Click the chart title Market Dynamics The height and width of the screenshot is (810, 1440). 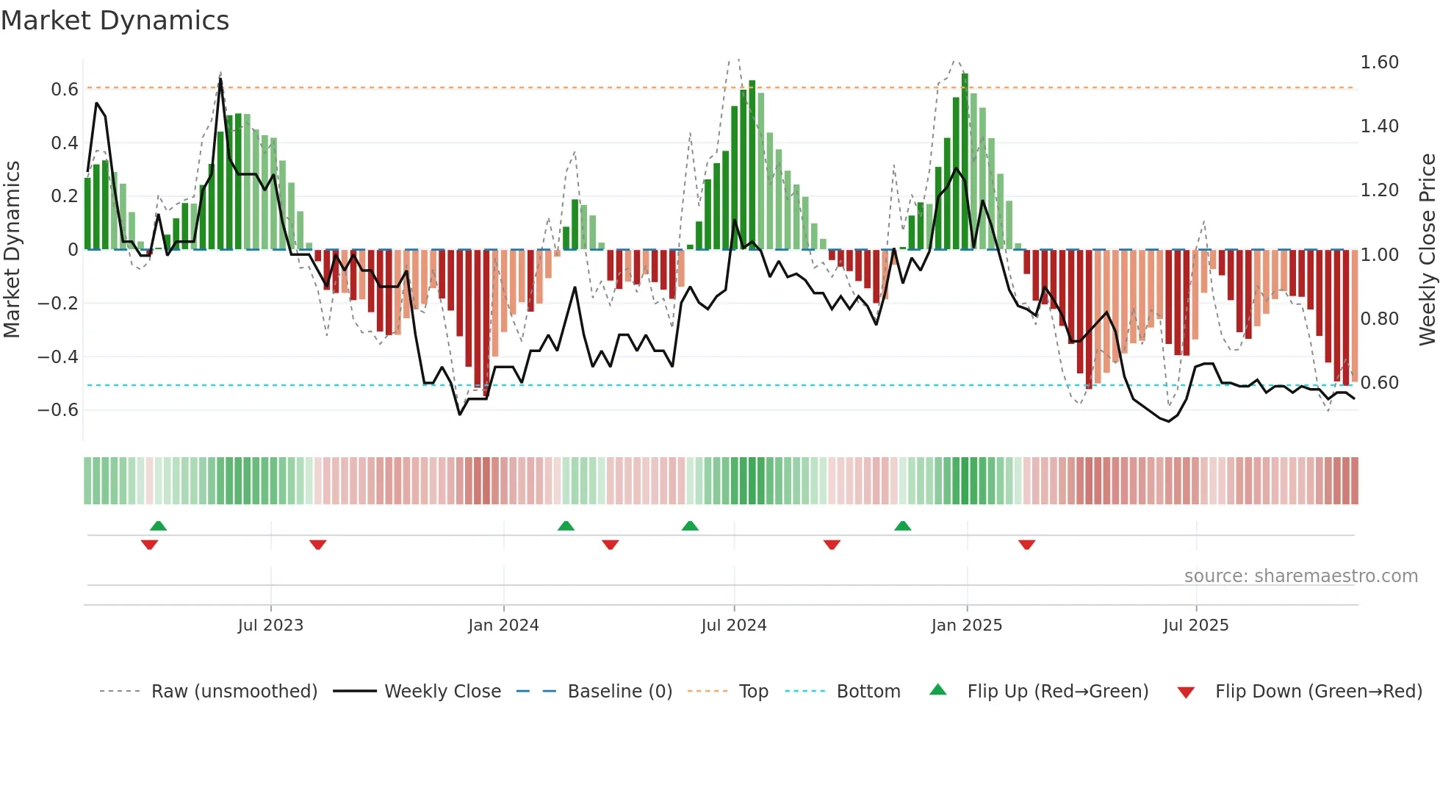115,21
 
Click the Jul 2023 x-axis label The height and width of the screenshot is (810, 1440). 270,626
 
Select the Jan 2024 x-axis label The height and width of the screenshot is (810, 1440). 503,626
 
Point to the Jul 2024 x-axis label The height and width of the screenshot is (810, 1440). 733,626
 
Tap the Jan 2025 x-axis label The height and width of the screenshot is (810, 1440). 966,626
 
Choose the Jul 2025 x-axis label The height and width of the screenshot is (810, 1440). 1195,626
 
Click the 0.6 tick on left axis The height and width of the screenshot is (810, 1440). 64,90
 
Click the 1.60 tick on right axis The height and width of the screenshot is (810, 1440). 1379,62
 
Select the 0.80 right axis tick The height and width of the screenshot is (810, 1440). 1379,319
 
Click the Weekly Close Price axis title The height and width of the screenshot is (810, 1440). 1427,249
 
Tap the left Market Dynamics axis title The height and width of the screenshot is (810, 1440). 12,249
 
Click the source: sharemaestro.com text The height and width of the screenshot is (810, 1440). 1300,576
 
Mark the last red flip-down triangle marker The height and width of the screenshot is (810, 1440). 1026,545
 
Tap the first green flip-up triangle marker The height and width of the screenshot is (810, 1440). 158,526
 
